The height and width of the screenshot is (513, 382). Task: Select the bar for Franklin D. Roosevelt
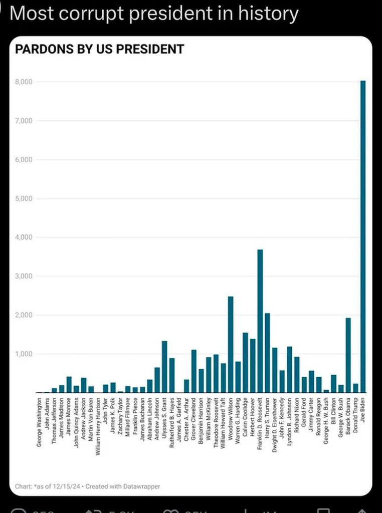coord(260,321)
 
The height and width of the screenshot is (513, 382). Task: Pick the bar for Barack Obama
coord(348,355)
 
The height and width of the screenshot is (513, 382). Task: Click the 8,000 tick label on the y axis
coord(24,82)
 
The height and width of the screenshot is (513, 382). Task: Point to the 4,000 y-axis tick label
coord(24,237)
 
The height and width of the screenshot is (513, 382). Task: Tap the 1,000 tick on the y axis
coord(24,354)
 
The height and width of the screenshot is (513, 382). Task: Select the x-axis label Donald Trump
coord(355,416)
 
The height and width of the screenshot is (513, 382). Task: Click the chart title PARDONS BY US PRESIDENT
coord(99,49)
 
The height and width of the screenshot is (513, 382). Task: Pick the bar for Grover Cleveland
coord(194,371)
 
